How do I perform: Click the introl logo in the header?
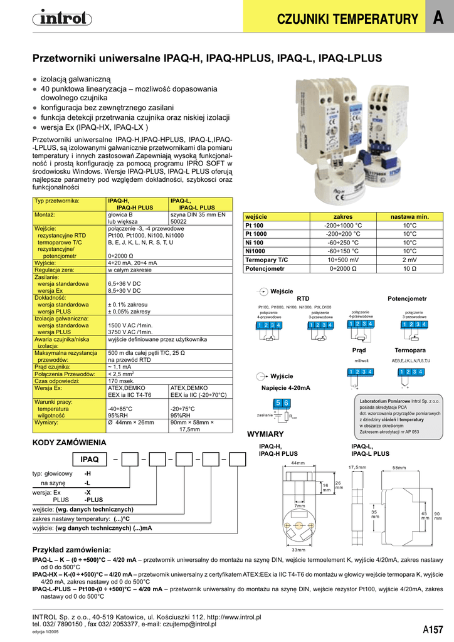click(x=59, y=20)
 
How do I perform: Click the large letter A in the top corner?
click(x=438, y=19)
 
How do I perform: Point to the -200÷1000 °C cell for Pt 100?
click(x=343, y=225)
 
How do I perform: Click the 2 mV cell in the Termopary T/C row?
click(x=409, y=260)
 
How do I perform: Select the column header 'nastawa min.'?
click(x=409, y=216)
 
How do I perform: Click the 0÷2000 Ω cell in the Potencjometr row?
click(x=343, y=268)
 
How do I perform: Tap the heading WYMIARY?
click(x=266, y=434)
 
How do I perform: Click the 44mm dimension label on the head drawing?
click(x=298, y=463)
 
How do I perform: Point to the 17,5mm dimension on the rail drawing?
click(x=357, y=467)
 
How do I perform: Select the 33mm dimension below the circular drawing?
click(x=298, y=550)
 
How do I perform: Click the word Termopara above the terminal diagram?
click(x=410, y=349)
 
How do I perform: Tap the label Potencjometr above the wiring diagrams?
click(x=407, y=298)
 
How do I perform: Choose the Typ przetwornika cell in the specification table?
click(x=57, y=201)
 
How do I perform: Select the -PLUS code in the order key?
click(x=93, y=500)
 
